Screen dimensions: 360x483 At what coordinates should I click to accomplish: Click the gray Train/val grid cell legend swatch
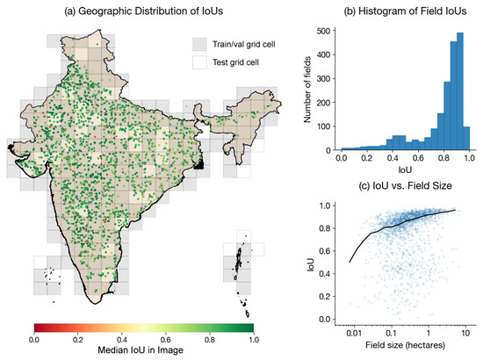coord(203,44)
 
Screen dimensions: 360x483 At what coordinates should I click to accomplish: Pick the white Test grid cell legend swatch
coord(203,63)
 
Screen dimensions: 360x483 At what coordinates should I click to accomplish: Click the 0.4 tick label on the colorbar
coord(121,338)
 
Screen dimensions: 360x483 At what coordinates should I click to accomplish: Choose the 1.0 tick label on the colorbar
coord(253,338)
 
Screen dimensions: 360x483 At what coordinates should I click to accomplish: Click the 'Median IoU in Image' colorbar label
coord(143,351)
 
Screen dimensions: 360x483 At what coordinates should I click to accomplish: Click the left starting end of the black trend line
coord(350,262)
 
